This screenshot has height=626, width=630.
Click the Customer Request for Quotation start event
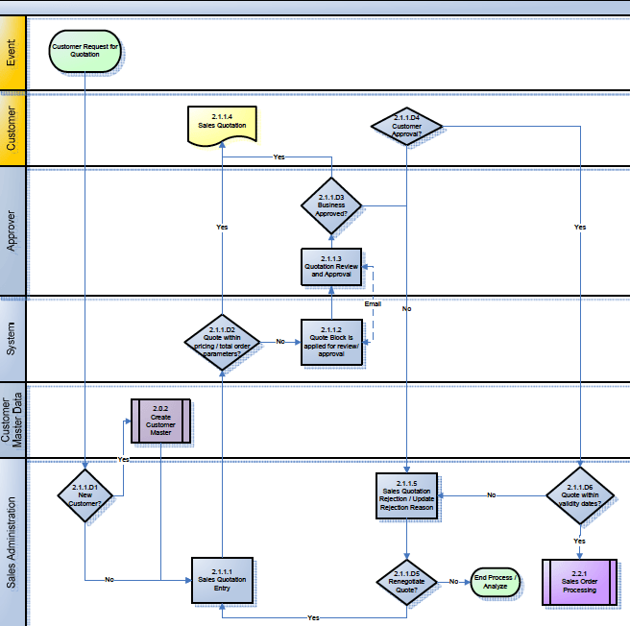click(x=86, y=53)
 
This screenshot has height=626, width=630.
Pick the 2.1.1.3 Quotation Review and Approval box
click(x=331, y=266)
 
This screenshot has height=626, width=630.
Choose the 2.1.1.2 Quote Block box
click(x=331, y=343)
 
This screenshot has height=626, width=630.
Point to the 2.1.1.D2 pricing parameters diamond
click(x=222, y=342)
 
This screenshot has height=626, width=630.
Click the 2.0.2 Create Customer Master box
click(x=160, y=421)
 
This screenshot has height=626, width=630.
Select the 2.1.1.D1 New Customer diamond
click(x=85, y=495)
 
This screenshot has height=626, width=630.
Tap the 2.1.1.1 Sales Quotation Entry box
click(x=222, y=579)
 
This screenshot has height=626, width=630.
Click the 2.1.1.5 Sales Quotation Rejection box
click(x=407, y=495)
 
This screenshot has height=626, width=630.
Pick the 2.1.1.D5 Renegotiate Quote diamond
click(x=407, y=582)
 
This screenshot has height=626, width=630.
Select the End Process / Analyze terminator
click(x=496, y=582)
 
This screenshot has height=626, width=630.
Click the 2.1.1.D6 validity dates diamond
click(x=579, y=495)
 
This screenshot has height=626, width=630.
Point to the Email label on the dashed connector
click(x=372, y=303)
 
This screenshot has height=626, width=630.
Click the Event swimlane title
click(x=12, y=54)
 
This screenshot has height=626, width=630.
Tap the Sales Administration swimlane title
click(x=12, y=542)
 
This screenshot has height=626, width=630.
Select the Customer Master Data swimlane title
click(x=12, y=421)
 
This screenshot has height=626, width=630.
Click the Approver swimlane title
click(x=12, y=231)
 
